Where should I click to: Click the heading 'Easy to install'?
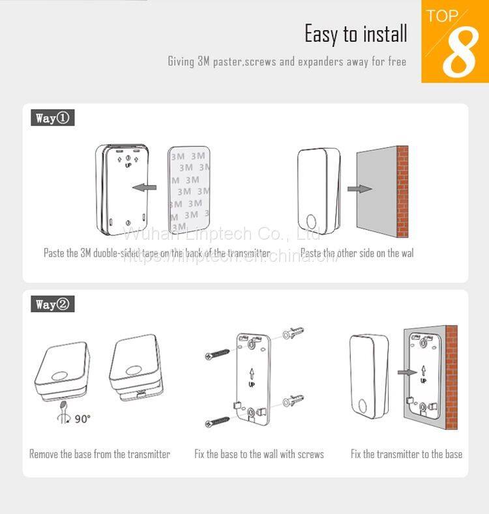(355, 33)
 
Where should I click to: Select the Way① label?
(53, 118)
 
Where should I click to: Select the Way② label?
(53, 304)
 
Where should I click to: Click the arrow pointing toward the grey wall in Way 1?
(359, 189)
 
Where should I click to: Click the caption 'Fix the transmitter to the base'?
(406, 454)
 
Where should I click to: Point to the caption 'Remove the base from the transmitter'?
(100, 454)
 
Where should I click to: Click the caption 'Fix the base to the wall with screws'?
(259, 454)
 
